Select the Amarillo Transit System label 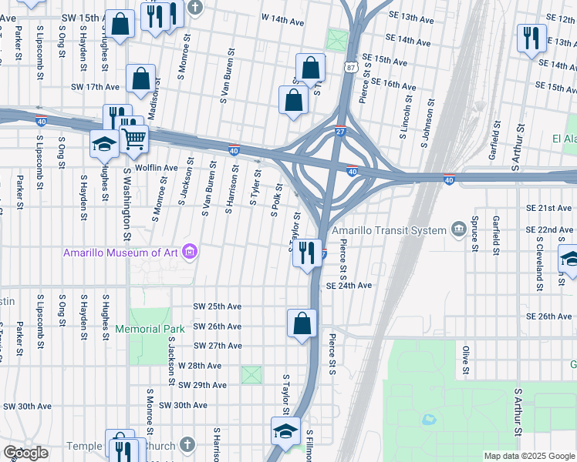pos(389,230)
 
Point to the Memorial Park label pos(150,329)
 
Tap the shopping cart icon pos(133,139)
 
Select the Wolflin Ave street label pos(157,167)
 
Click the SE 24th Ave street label pos(349,286)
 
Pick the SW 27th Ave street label pos(218,346)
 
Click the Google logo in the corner pos(25,453)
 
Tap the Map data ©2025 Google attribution pos(529,456)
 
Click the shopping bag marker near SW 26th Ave pos(302,323)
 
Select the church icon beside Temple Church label pos(187,445)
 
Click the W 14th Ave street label pos(285,16)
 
